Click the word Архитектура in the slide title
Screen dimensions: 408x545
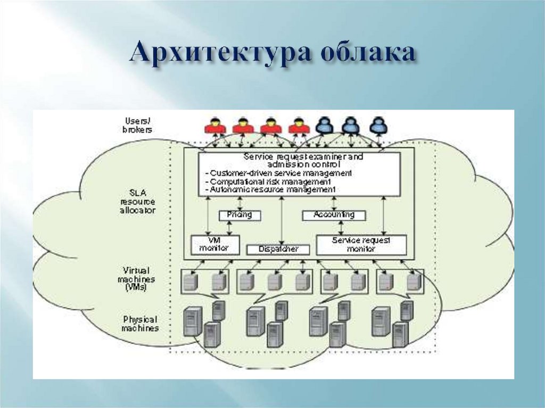coord(220,54)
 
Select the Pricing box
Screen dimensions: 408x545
coord(240,215)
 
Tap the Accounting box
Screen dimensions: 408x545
coord(334,215)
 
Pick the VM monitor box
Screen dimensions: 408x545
coord(215,244)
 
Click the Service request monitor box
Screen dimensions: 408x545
coord(361,245)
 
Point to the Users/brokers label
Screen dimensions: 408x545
coord(137,125)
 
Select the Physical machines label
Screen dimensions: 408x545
coord(140,323)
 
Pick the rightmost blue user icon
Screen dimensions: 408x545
coord(377,125)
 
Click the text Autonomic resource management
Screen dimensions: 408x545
coord(273,189)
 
